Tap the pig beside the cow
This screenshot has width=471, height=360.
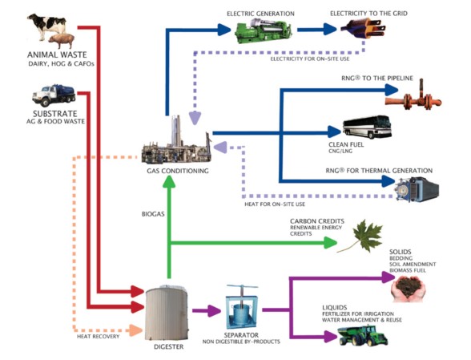point(61,41)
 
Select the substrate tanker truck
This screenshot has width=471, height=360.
point(54,95)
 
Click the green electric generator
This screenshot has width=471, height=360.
point(263,30)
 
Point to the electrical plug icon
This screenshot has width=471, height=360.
point(363,28)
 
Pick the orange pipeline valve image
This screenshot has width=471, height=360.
point(413,97)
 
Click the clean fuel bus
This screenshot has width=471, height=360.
point(367,127)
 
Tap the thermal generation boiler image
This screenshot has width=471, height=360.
point(417,188)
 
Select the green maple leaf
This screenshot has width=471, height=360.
point(363,237)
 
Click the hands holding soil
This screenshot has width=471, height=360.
point(408,289)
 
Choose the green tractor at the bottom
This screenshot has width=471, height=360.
point(363,335)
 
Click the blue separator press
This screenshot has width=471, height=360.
point(242,307)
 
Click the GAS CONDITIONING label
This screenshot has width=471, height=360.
point(178,171)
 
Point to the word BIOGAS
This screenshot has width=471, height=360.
point(153,214)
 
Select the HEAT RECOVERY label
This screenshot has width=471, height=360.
point(99,336)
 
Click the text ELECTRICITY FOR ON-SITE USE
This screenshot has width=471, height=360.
point(310,59)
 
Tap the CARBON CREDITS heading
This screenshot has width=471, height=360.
point(317,221)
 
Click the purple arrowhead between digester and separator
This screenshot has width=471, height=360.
point(215,310)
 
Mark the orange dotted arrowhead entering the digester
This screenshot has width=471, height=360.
point(136,330)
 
